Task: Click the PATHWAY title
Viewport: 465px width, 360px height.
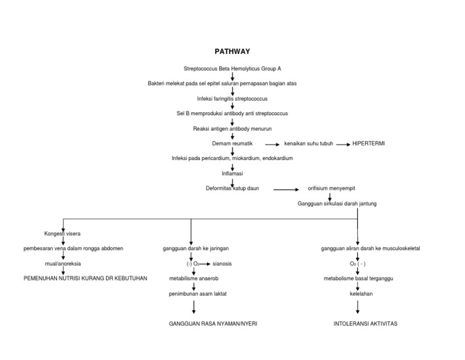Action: coord(232,52)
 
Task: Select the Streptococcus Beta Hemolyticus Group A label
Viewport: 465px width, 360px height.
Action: coord(232,68)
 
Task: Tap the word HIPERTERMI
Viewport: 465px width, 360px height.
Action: coord(369,144)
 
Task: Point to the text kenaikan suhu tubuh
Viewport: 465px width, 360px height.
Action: coord(309,144)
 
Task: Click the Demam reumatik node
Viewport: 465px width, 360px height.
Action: coord(232,144)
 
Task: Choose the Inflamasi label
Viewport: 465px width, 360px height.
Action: coord(232,173)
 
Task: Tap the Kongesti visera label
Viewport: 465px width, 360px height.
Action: coord(62,233)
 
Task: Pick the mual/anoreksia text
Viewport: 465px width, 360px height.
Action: coord(62,264)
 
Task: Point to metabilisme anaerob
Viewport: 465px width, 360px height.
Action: coord(193,279)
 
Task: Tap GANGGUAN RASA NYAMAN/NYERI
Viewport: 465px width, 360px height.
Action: coord(213,324)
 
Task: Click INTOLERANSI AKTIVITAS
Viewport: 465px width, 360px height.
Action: coord(365,324)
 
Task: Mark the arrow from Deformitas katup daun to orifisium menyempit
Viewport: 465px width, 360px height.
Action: coord(286,190)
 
